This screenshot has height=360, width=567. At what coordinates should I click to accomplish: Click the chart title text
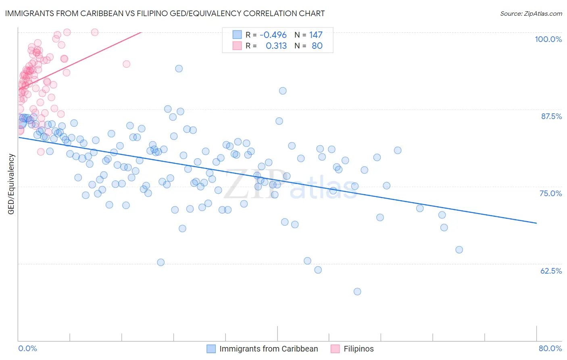coord(165,13)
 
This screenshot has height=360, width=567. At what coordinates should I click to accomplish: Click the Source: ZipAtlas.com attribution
coord(531,13)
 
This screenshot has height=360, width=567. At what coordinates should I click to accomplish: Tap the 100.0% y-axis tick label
coord(548,39)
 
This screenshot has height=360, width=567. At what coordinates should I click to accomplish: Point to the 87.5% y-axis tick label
coord(551,116)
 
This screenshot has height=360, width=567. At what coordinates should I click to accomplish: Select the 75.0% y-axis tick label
coord(550,193)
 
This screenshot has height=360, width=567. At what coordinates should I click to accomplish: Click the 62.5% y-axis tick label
coord(551,271)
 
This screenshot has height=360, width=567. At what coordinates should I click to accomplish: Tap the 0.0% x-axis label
coord(27,348)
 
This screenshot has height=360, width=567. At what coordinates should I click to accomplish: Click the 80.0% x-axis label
coord(550,348)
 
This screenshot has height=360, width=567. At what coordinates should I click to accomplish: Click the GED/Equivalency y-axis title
coord(11,184)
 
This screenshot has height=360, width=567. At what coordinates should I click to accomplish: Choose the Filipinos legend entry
coord(359,349)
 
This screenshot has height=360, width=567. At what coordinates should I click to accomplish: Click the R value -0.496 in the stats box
coord(273,35)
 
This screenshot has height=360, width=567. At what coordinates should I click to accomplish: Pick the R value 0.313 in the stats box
coord(276,46)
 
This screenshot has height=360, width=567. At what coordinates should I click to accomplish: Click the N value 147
coord(316,35)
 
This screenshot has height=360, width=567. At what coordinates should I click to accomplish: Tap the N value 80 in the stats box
coord(317,46)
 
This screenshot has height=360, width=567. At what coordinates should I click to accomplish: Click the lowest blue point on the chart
coord(357,291)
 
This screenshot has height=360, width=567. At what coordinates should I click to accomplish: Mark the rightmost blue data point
coord(459,250)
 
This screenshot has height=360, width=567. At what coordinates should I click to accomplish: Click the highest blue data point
coord(179,69)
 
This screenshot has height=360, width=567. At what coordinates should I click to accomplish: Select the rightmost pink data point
coord(126,64)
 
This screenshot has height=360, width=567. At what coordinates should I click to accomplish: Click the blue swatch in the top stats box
coord(237,35)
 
